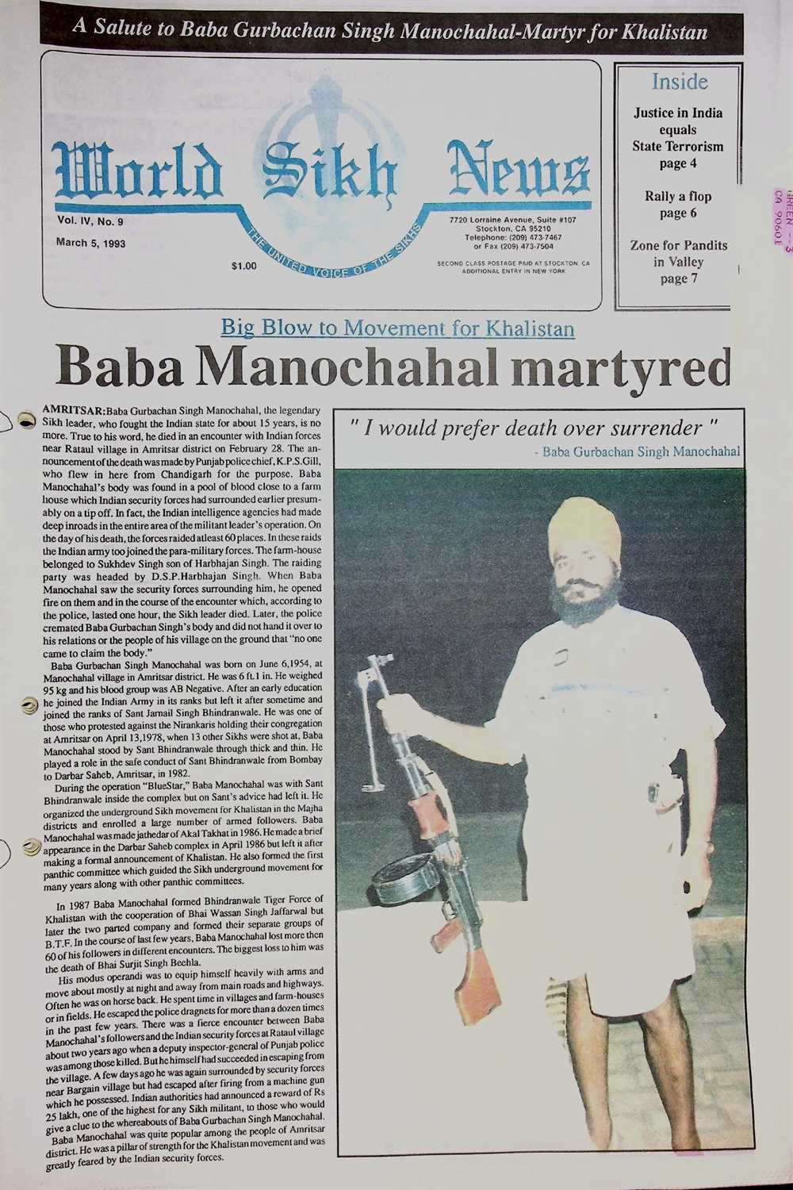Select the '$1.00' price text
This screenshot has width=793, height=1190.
(x=243, y=266)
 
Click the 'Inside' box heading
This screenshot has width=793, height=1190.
(x=680, y=82)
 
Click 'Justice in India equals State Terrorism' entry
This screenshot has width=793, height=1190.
(x=678, y=138)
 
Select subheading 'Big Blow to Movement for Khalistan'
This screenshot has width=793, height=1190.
(x=397, y=328)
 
